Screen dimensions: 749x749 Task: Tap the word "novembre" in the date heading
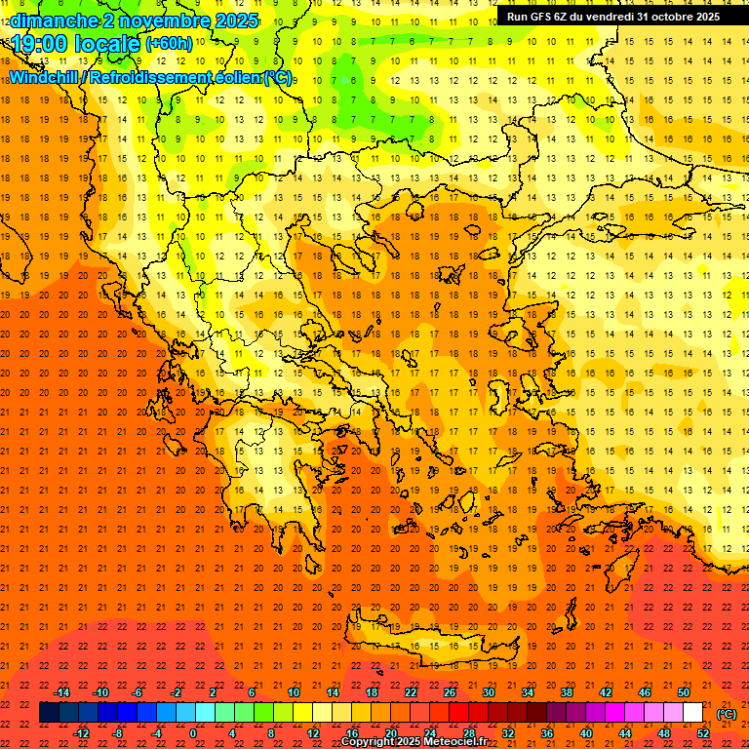point(160,20)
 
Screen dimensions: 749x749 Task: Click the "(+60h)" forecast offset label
point(169,44)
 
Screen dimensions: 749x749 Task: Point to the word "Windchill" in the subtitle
point(46,77)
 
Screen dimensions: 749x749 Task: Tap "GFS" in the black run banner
point(543,17)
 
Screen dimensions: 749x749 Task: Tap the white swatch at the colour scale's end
point(692,713)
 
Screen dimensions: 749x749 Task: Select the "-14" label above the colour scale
point(61,692)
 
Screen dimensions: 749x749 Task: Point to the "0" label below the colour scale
point(193,733)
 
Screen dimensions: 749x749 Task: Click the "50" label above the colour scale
point(684,692)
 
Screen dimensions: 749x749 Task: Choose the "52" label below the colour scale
point(702,733)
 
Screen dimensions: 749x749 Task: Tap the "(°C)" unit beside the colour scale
point(727,714)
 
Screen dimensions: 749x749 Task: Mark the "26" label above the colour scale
point(450,692)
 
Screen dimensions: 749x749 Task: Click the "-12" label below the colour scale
point(81,733)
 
